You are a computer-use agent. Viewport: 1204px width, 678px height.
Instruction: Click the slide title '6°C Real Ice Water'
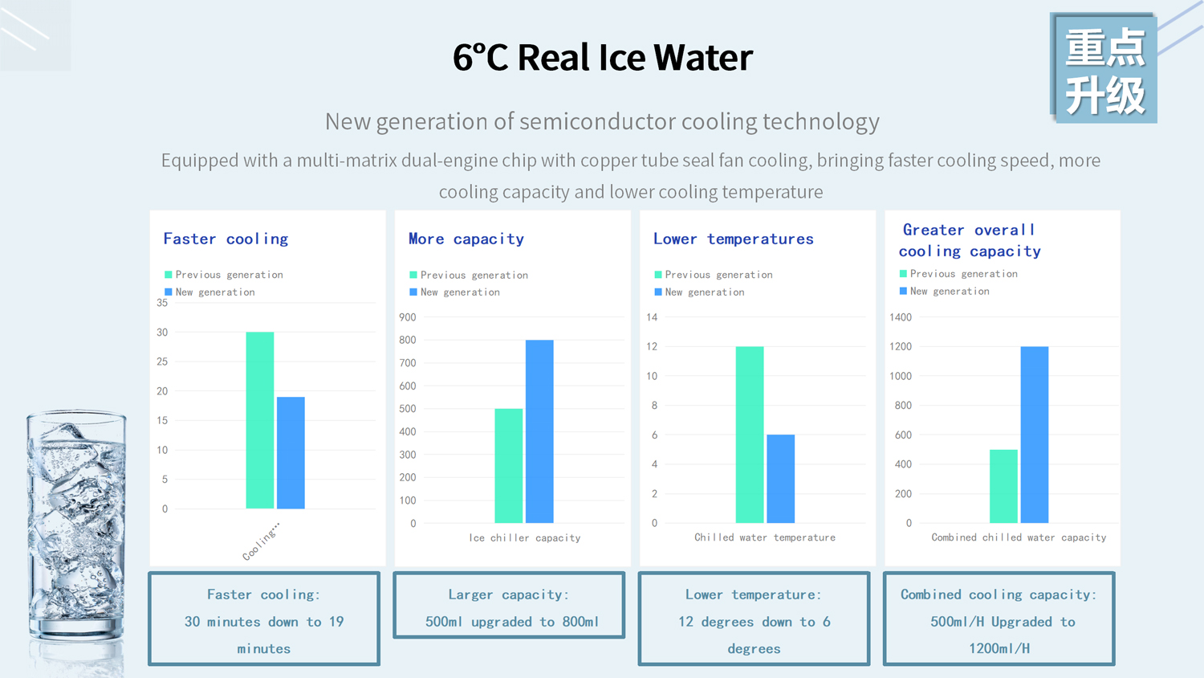click(602, 57)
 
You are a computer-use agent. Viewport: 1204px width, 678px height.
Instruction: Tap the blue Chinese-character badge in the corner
click(1104, 69)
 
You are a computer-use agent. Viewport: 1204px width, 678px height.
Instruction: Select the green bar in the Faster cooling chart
click(259, 420)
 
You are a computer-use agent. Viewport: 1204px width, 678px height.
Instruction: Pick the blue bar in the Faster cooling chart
click(291, 452)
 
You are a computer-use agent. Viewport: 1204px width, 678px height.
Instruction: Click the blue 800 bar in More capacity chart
click(539, 431)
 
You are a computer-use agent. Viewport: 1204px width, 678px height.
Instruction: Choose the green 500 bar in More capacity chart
click(508, 466)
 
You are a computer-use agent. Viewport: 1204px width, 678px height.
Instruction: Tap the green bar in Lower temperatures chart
click(749, 435)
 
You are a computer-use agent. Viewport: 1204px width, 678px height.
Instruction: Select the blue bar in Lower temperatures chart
click(780, 479)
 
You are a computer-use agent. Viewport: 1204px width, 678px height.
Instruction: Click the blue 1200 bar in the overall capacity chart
click(1034, 435)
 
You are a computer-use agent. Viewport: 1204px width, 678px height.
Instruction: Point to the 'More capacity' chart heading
click(466, 239)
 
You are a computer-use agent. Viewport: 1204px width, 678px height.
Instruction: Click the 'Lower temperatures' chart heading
click(733, 239)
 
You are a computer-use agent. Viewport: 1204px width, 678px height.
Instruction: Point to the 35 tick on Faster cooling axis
click(162, 303)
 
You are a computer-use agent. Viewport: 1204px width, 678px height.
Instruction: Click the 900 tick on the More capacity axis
click(407, 317)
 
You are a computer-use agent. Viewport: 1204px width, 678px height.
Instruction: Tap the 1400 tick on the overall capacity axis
click(900, 317)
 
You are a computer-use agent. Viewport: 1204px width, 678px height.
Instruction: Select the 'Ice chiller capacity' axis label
click(524, 538)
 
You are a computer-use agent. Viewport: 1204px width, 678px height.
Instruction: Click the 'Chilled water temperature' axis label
click(764, 537)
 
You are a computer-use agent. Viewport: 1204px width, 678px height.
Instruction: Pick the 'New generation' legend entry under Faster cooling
click(215, 292)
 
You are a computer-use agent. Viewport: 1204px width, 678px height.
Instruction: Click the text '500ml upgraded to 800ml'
click(511, 622)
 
